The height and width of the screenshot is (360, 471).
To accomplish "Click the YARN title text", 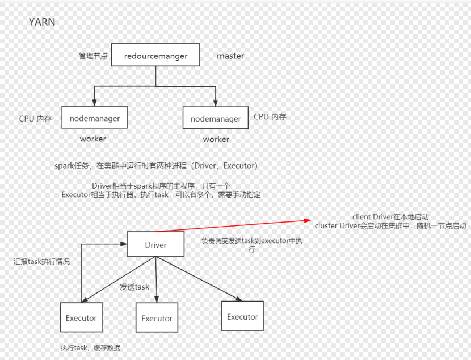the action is (x=42, y=22).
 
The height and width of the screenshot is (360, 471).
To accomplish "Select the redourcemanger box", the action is (x=156, y=56).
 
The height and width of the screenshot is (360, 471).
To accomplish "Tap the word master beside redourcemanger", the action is (x=230, y=56).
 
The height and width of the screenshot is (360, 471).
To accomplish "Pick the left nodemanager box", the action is (x=94, y=118).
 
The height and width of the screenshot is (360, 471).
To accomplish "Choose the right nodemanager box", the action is (x=216, y=119).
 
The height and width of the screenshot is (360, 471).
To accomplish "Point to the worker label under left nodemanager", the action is (x=93, y=139).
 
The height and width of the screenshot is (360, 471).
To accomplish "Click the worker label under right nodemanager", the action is (x=216, y=139).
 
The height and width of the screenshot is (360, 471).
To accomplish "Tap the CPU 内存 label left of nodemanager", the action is (x=36, y=119).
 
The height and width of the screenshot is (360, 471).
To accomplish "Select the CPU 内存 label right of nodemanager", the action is (x=270, y=116).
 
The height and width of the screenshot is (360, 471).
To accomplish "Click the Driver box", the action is (x=155, y=245).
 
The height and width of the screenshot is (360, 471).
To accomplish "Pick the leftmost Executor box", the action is (x=81, y=318).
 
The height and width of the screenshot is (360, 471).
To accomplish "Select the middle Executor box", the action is (x=157, y=319).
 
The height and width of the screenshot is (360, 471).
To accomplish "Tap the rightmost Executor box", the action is (x=242, y=317).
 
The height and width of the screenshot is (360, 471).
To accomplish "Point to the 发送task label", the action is (x=134, y=287).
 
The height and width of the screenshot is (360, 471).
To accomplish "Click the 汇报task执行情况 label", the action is (x=42, y=262).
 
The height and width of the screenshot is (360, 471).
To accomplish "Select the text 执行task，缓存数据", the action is (x=91, y=348).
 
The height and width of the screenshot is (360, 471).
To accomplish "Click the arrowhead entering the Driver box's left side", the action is (x=124, y=245).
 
